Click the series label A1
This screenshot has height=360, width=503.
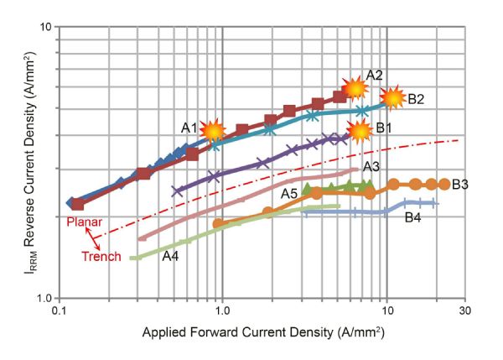click(x=189, y=128)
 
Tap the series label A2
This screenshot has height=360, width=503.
click(x=375, y=75)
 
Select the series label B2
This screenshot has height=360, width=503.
click(x=417, y=99)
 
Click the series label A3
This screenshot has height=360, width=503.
click(x=372, y=167)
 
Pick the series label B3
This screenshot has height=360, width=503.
click(x=459, y=184)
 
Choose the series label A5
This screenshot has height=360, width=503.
click(x=290, y=194)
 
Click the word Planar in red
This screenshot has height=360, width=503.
click(x=84, y=221)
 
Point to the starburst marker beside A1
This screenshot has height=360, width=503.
click(x=213, y=129)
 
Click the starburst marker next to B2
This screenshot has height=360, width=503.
click(x=392, y=99)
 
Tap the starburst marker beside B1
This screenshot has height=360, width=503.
click(x=360, y=130)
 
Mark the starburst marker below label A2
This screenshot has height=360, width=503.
click(x=355, y=87)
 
